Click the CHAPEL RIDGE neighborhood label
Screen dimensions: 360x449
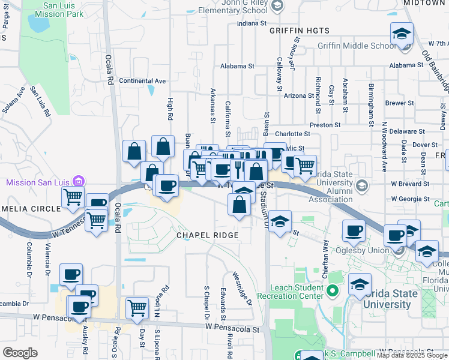(x=207, y=235)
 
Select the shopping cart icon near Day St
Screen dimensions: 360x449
(x=137, y=308)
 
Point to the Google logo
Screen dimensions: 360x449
(x=20, y=353)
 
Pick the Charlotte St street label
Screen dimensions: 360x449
(x=292, y=134)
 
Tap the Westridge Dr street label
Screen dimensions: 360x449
(x=242, y=288)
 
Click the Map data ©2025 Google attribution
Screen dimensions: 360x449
(x=412, y=355)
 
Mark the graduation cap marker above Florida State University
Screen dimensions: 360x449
(x=360, y=284)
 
